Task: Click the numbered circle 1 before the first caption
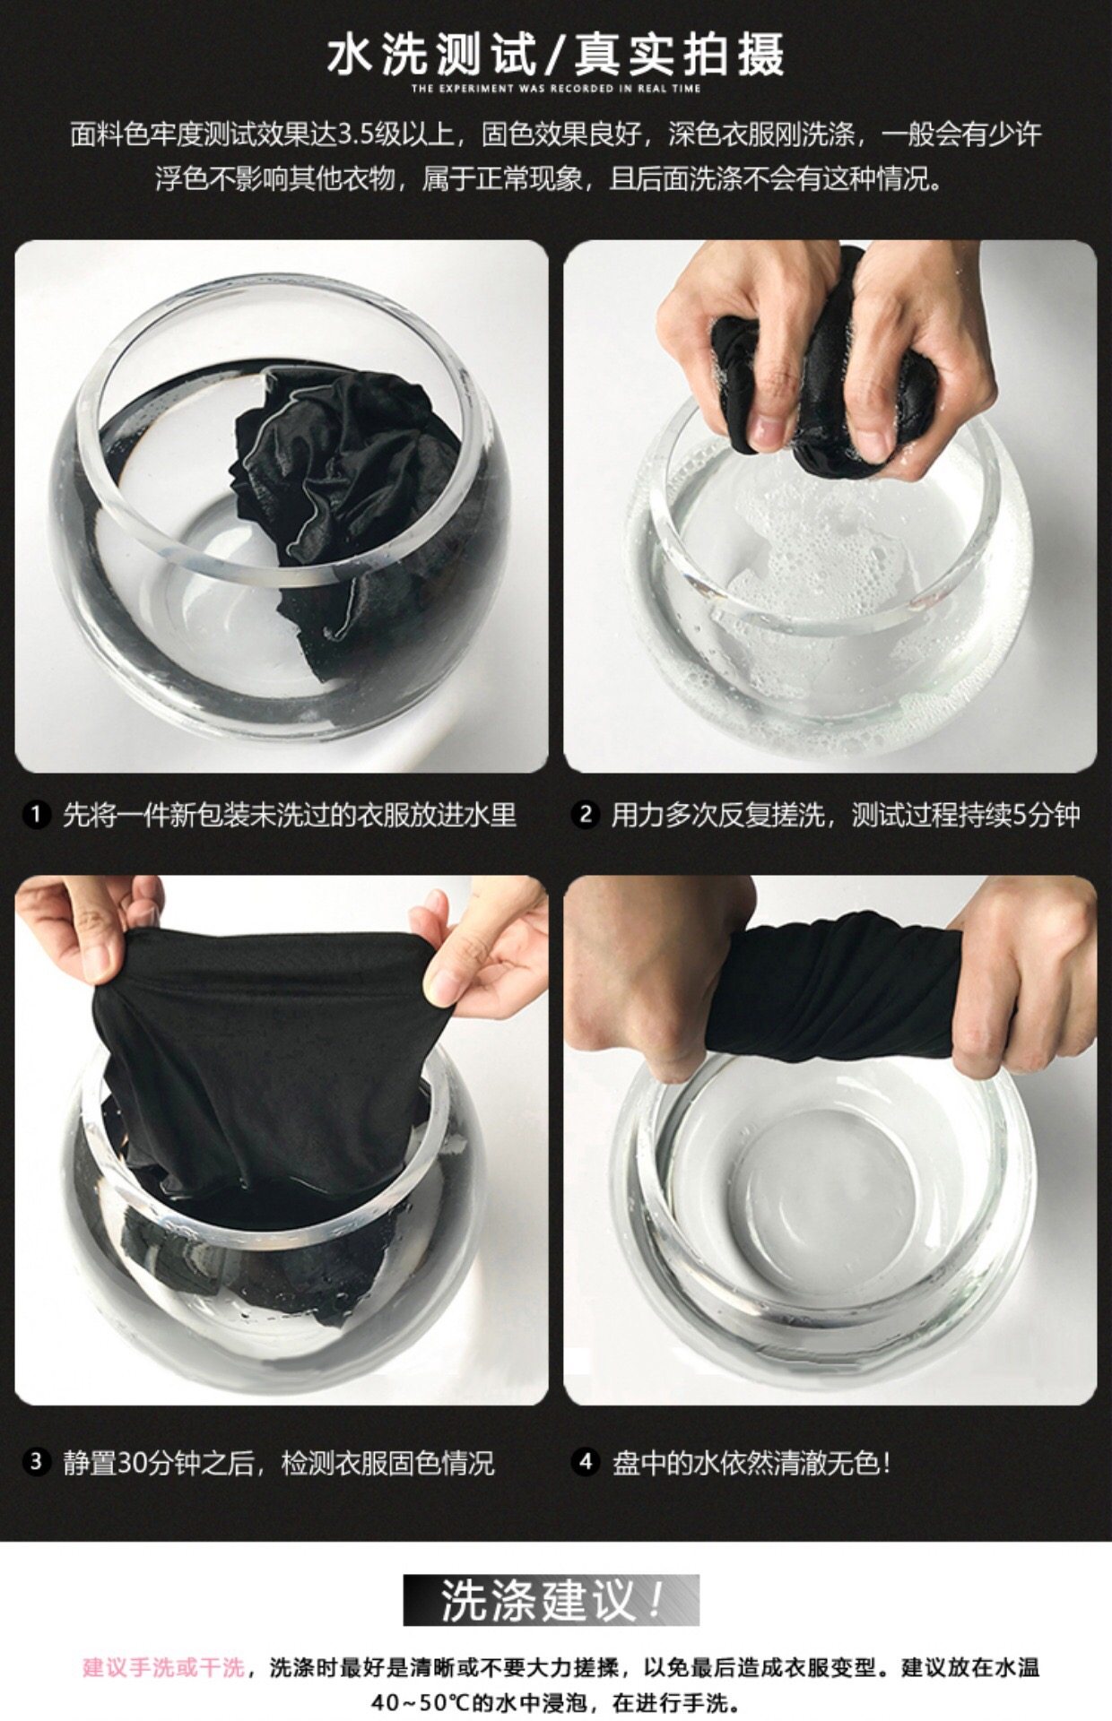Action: [x=36, y=815]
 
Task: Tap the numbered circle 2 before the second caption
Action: [x=586, y=815]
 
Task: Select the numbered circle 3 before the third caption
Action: [x=36, y=1462]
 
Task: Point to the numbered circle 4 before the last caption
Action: [x=586, y=1462]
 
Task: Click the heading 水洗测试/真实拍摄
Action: [x=556, y=53]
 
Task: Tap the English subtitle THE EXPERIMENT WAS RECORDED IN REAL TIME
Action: [x=556, y=89]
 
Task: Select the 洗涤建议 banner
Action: [x=551, y=1600]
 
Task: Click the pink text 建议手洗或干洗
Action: [x=163, y=1667]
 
